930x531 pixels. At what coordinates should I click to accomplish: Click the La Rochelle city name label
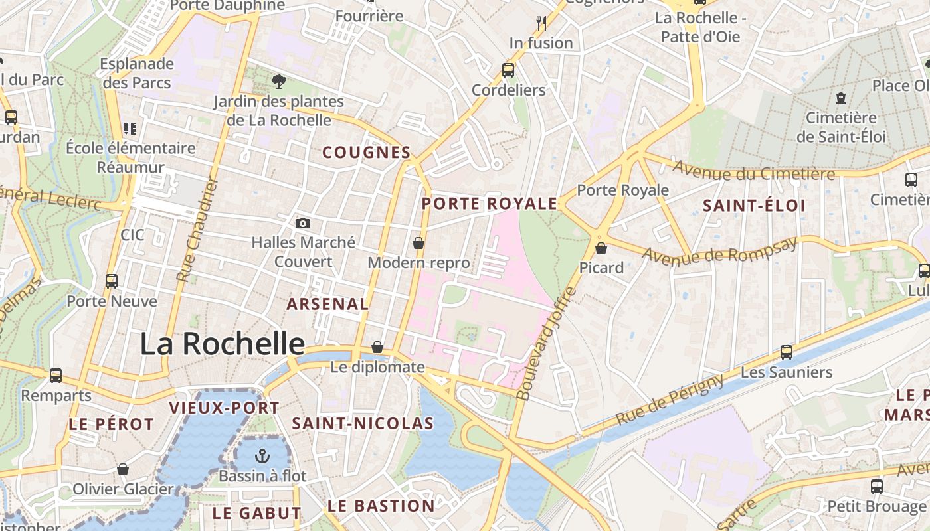tap(222, 344)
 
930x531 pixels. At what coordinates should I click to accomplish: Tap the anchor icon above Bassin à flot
tap(263, 456)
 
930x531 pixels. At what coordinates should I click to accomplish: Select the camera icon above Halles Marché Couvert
tap(303, 223)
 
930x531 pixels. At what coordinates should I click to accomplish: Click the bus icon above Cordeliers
tap(508, 70)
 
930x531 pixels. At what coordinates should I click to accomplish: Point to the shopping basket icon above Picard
tap(601, 248)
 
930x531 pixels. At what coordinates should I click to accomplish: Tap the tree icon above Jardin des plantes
tap(278, 82)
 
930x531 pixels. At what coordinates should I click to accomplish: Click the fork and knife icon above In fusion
tap(541, 23)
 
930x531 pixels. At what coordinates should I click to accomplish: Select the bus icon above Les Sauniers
tap(787, 352)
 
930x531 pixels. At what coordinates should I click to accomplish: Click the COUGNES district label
tap(367, 153)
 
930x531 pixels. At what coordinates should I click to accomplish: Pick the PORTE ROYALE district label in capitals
tap(490, 204)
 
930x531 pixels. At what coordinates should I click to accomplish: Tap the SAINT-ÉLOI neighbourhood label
tap(754, 206)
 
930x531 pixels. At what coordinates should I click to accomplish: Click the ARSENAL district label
tap(327, 304)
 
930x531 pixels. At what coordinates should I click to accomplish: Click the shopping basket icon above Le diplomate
tap(377, 347)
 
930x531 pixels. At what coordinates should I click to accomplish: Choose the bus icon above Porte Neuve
tap(112, 281)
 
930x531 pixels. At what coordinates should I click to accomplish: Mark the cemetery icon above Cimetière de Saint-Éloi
tap(841, 98)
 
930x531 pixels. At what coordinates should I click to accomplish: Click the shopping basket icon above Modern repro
tap(418, 243)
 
